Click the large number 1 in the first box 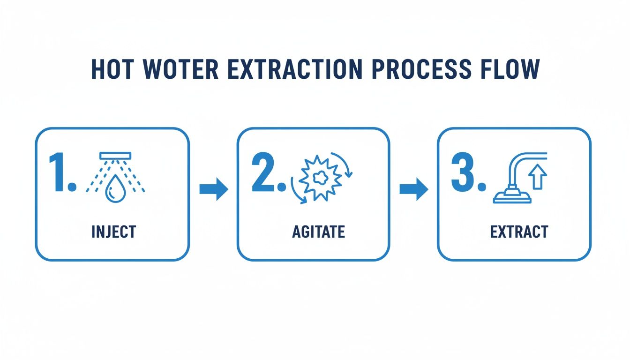click(x=60, y=172)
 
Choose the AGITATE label click(x=318, y=232)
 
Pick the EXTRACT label click(x=519, y=232)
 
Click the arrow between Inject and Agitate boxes click(x=214, y=189)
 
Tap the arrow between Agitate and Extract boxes click(x=413, y=189)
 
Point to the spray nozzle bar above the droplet click(x=116, y=155)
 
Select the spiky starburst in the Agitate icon click(x=319, y=179)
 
